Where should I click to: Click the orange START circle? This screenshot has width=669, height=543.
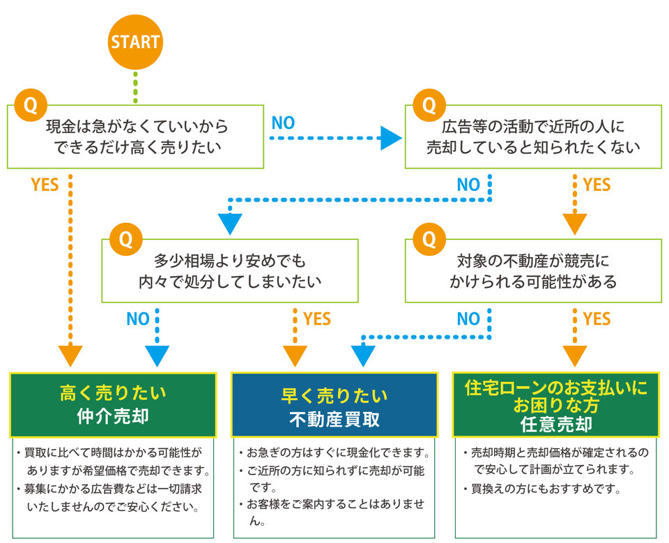[x=135, y=41]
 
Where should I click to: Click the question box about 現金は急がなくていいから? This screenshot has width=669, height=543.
[x=136, y=137]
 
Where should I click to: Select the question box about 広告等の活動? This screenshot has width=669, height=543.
[x=533, y=137]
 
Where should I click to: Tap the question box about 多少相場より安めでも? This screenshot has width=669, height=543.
[x=230, y=271]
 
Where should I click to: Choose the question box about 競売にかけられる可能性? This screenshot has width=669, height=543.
[x=533, y=271]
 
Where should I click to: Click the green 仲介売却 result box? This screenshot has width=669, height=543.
[x=113, y=404]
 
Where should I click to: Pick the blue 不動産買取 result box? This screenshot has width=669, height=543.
[x=334, y=404]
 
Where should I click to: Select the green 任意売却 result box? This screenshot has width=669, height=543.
[x=555, y=404]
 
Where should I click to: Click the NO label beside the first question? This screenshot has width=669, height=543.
[x=283, y=123]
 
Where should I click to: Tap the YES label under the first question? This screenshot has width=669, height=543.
[x=45, y=185]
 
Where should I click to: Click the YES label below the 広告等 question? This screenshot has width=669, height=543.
[x=597, y=185]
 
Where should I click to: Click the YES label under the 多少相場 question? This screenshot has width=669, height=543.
[x=317, y=319]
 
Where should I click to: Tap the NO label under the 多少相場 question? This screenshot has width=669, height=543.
[x=138, y=319]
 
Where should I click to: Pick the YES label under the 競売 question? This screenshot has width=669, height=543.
[x=597, y=319]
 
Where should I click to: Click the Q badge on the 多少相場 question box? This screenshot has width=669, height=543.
[x=125, y=239]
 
